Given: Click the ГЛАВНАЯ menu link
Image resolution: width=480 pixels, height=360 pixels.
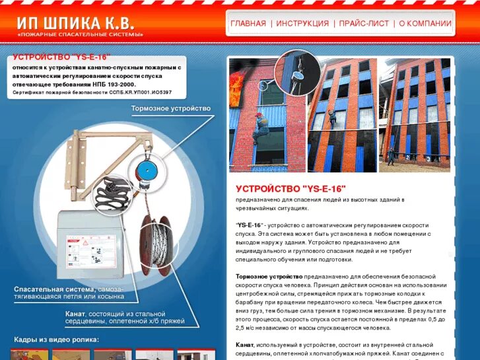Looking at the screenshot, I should point(248,24).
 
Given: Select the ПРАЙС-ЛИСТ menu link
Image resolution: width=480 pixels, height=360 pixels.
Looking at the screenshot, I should point(363,24).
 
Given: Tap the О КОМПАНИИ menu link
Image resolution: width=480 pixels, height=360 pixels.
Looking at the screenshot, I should point(425,24).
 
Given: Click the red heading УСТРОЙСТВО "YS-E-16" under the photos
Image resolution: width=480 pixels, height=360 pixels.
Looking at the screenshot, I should point(291,188).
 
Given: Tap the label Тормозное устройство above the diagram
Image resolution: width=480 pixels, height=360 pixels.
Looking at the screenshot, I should point(170,108).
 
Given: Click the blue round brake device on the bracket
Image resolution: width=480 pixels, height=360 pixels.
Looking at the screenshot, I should point(149,166).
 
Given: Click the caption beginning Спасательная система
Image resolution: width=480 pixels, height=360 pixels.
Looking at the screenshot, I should point(69,293).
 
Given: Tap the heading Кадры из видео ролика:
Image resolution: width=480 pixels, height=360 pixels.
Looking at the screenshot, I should point(56,340).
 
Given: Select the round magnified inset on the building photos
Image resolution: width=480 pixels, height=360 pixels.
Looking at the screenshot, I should point(296,73).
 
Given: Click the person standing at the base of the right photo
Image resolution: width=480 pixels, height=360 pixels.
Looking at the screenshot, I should point(391,157).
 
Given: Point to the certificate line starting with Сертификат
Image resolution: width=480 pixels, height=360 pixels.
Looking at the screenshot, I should point(92,92).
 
